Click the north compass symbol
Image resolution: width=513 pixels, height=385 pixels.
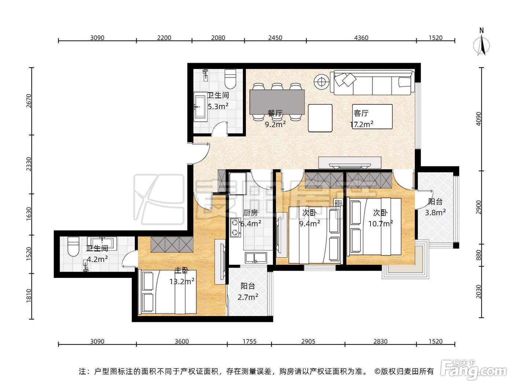(481, 45)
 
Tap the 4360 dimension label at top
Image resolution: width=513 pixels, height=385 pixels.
(361, 38)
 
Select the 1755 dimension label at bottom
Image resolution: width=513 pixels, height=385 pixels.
(250, 341)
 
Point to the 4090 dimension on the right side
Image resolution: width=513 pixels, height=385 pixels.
(479, 119)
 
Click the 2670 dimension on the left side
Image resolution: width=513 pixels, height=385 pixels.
(29, 101)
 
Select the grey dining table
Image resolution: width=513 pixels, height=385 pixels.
(277, 102)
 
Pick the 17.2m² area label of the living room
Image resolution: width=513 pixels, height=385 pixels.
(362, 124)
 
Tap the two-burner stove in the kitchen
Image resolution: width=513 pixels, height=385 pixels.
(235, 227)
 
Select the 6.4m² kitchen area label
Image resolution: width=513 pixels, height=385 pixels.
(251, 224)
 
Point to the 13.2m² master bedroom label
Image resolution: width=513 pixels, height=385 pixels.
(182, 281)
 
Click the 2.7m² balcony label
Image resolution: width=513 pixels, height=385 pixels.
(248, 297)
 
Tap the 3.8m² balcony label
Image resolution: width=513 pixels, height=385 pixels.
(435, 213)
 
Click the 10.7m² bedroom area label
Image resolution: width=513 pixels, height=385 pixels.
(381, 224)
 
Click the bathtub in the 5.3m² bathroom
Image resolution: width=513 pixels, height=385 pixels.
(201, 107)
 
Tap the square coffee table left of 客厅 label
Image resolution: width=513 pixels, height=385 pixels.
(320, 118)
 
